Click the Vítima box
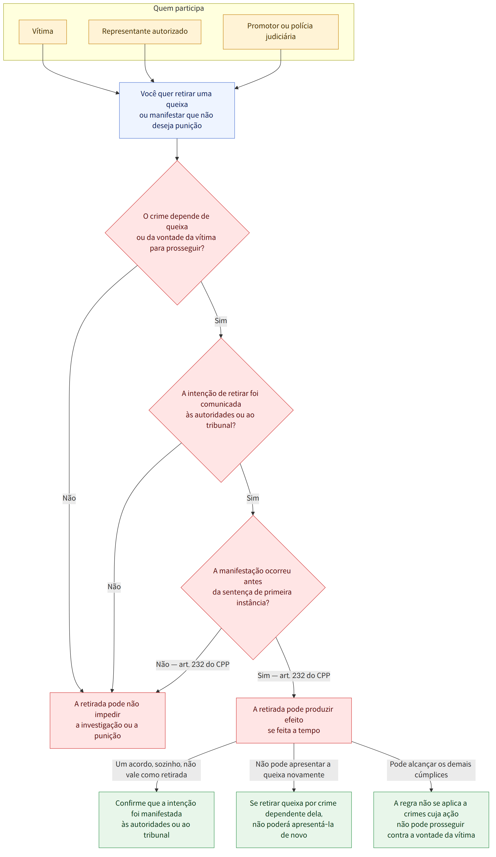(x=43, y=32)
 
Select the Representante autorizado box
(x=145, y=32)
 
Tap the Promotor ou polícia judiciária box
(x=281, y=32)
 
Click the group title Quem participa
(x=179, y=8)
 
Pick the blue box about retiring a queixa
(x=177, y=110)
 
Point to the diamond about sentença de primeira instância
(x=253, y=587)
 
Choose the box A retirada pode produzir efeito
(x=294, y=720)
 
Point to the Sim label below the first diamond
(x=221, y=321)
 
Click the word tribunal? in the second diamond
(x=221, y=425)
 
